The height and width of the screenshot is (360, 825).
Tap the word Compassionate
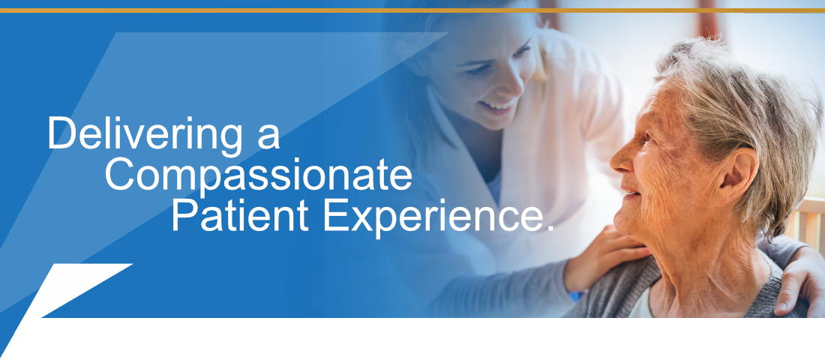point(258,175)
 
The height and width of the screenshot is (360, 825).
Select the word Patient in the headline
point(240,216)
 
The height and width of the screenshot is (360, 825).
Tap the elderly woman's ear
point(739,177)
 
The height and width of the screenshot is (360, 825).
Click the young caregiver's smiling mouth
point(497,106)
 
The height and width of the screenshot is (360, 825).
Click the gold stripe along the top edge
point(412,10)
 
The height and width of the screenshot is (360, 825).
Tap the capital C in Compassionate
point(120,175)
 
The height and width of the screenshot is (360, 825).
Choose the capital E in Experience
point(335,216)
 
